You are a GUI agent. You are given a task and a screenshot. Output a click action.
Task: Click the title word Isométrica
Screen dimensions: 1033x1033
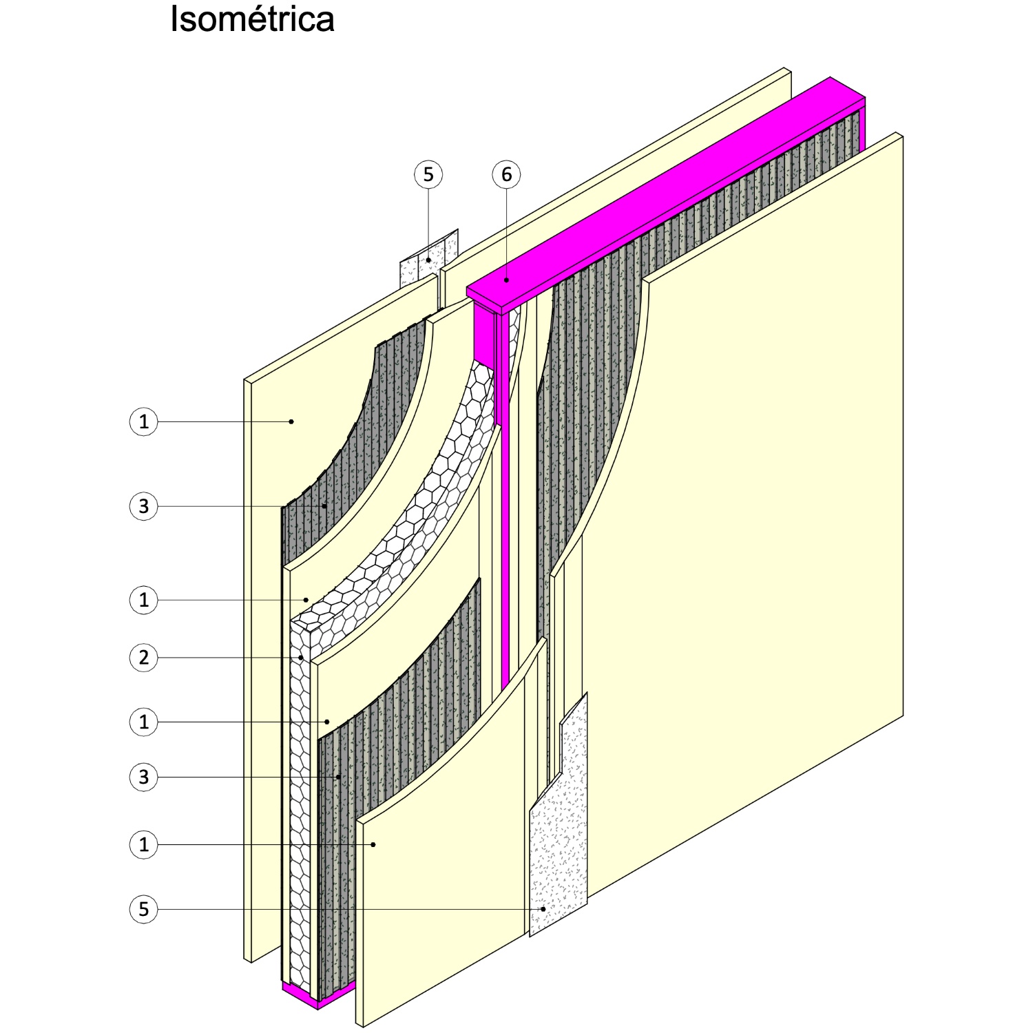click(x=252, y=19)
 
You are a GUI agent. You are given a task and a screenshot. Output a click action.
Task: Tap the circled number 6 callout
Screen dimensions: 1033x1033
click(x=506, y=175)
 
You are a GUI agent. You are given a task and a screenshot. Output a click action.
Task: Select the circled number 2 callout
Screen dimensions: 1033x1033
click(x=143, y=658)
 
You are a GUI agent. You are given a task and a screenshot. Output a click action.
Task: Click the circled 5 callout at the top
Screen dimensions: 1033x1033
click(x=428, y=175)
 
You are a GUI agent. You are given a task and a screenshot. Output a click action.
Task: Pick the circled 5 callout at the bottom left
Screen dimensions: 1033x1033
click(x=143, y=909)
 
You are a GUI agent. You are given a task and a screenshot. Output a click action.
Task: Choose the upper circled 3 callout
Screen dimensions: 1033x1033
click(x=143, y=506)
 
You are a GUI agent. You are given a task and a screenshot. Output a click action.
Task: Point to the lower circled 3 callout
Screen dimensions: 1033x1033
click(x=143, y=777)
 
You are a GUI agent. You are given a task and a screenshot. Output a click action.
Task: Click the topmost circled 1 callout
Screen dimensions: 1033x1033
click(x=143, y=421)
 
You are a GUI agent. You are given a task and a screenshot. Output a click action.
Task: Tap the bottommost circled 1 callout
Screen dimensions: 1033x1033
click(x=143, y=844)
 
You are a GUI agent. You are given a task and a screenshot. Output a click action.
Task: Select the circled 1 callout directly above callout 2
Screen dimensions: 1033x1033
click(x=143, y=600)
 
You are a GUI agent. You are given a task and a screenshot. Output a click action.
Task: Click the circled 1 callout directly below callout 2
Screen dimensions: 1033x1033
click(x=143, y=722)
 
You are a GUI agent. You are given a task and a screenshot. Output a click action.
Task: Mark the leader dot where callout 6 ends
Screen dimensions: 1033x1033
click(x=506, y=280)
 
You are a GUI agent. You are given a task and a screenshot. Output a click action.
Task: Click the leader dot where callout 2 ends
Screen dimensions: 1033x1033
click(x=301, y=658)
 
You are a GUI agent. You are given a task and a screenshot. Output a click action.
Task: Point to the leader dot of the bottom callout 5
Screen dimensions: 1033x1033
click(x=543, y=909)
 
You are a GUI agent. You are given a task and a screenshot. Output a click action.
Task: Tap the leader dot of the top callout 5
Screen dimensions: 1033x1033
click(x=428, y=260)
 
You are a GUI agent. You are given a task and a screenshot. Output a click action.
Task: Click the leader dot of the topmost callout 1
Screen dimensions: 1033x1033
click(x=291, y=421)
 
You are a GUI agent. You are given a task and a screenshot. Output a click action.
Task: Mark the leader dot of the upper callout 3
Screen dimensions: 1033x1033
click(x=324, y=506)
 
